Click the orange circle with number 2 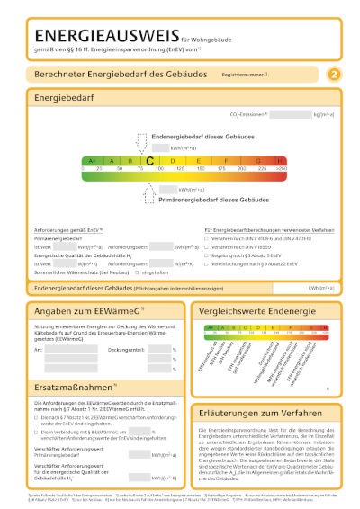click(x=334, y=75)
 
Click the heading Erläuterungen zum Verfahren click(x=263, y=388)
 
